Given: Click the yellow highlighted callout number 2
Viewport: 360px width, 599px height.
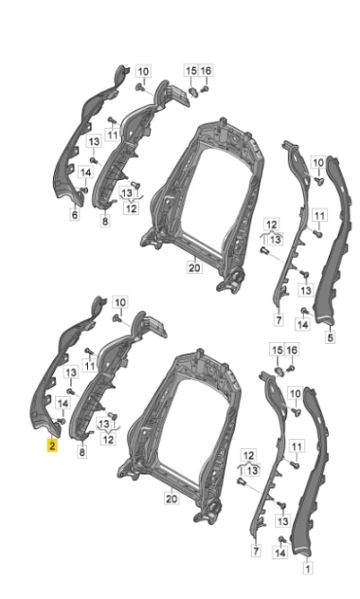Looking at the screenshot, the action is tap(52, 445).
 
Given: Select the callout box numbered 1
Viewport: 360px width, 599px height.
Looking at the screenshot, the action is tap(307, 568).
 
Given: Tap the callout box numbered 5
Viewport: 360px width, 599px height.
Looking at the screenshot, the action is tap(331, 337).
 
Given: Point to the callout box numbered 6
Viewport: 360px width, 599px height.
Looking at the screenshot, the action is tap(75, 214).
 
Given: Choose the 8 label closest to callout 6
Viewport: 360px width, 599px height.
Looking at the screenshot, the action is tap(105, 221).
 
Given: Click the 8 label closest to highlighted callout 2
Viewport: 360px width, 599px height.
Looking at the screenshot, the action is tap(82, 452).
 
